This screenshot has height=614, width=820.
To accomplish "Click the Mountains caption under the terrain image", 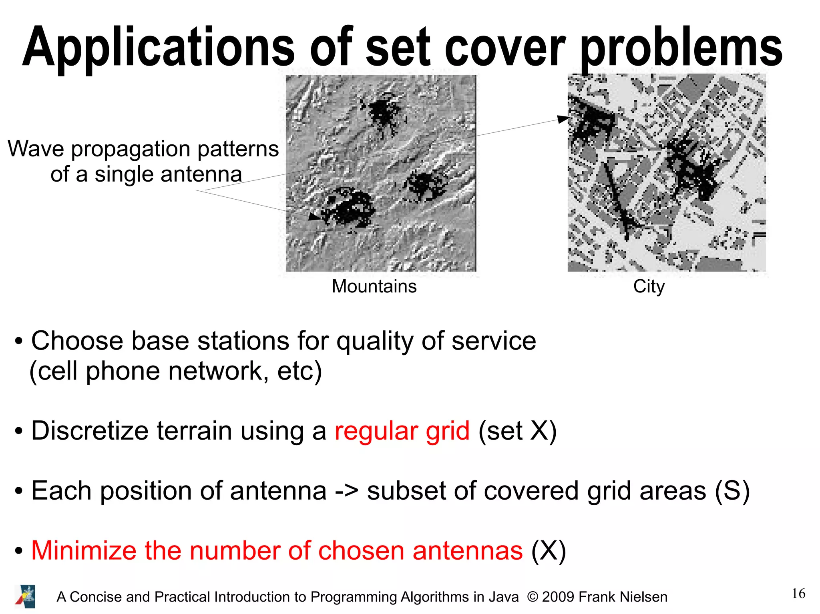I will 374,286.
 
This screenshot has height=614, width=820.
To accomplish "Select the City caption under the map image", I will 649,286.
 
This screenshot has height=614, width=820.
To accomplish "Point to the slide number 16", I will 798,594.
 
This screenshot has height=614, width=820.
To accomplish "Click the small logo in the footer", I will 25,596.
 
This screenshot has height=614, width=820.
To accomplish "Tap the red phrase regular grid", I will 402,431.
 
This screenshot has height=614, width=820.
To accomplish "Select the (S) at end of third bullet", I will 732,491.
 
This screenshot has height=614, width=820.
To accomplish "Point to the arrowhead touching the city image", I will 564,118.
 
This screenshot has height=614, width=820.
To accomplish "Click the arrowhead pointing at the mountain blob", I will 315,216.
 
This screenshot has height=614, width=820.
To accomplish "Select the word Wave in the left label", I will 36,149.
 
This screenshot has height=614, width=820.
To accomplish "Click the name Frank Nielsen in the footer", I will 623,597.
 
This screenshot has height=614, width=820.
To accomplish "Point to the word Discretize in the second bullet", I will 90,431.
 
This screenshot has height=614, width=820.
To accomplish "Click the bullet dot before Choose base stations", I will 18,342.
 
